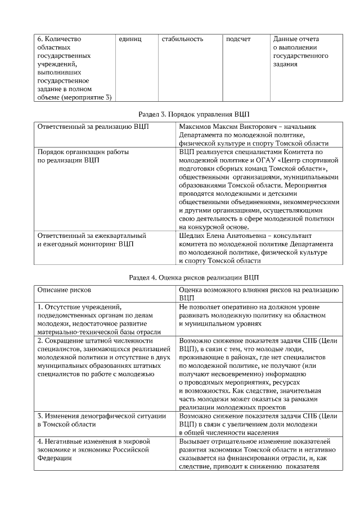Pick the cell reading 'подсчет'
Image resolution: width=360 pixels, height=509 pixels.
(x=238, y=39)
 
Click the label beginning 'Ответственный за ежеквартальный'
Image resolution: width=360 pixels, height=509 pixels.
(x=92, y=236)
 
